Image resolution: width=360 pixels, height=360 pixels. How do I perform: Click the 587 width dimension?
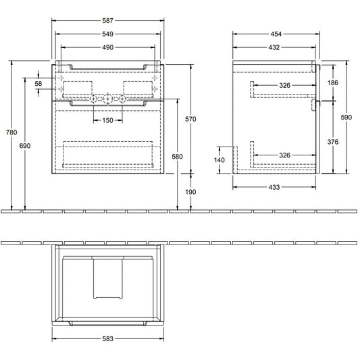107,21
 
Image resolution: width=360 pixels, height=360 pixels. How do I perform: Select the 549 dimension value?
107,34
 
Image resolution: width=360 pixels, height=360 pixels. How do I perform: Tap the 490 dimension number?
107,47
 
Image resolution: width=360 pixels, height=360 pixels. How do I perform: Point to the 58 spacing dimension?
38,83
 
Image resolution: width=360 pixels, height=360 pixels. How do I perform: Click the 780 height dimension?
11,132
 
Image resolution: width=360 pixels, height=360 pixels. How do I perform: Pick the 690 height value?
25,146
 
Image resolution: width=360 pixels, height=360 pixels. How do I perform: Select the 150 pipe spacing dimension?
107,120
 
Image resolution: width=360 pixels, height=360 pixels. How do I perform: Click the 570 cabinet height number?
190,119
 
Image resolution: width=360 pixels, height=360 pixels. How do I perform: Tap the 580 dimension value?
177,156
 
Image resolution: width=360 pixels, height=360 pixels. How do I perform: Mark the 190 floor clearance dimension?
190,192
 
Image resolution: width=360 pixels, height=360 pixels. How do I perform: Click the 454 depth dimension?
276,34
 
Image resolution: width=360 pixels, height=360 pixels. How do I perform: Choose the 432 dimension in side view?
274,47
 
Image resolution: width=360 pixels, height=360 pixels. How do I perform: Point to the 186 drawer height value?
333,82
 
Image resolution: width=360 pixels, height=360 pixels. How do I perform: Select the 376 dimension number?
333,142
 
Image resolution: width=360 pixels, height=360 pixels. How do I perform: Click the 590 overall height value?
346,118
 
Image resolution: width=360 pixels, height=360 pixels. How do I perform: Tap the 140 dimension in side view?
220,160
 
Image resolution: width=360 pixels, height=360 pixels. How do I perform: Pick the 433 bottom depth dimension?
274,187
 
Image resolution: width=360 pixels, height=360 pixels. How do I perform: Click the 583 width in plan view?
107,338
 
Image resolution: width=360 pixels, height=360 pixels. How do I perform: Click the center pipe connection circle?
107,99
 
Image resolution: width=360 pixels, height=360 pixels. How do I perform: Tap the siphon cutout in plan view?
107,299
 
